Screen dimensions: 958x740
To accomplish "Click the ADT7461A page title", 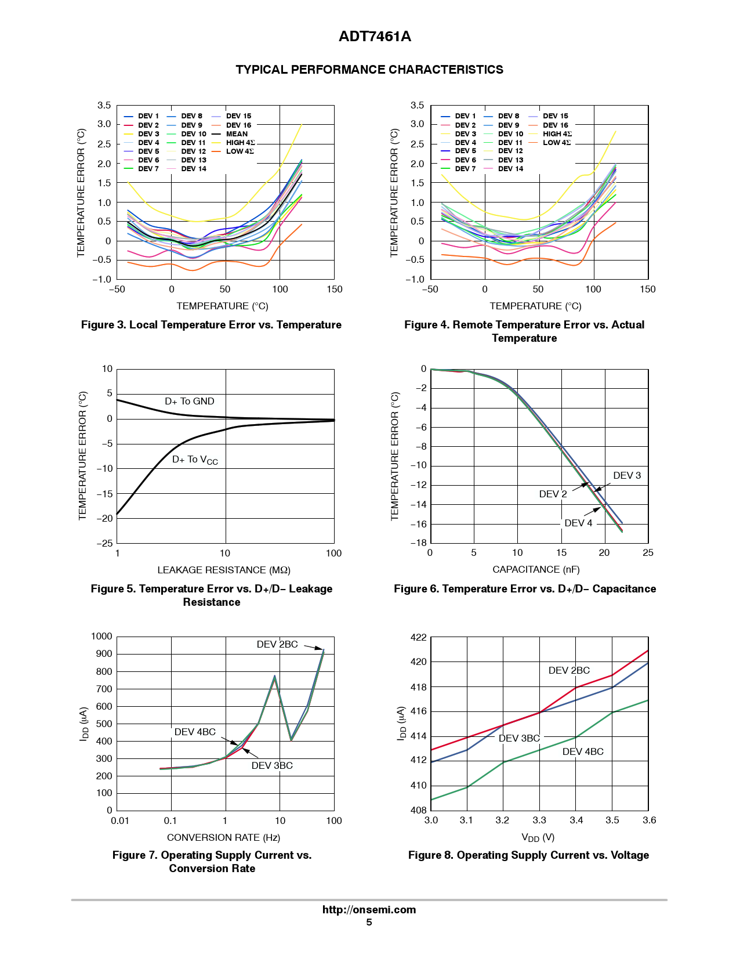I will (x=375, y=37).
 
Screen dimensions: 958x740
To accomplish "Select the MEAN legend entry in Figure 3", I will (x=237, y=134).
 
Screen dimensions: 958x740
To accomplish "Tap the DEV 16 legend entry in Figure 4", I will (x=555, y=125).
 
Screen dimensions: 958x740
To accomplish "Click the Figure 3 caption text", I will (x=211, y=325).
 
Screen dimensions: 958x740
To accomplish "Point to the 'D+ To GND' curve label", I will (x=190, y=402).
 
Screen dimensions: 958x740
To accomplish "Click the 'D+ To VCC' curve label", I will (x=195, y=460).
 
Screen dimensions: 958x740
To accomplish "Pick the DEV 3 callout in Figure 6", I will (x=627, y=476).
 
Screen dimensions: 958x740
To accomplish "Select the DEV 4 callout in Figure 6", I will (x=578, y=523).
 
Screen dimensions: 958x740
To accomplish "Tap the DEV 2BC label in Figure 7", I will (x=277, y=645).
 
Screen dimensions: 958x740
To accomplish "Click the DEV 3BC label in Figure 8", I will (x=519, y=739).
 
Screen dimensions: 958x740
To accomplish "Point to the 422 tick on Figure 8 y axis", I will (x=418, y=638).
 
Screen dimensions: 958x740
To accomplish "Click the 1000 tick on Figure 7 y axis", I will (x=101, y=637).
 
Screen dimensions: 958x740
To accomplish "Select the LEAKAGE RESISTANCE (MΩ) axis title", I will (x=224, y=570).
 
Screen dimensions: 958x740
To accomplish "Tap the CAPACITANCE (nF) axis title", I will (x=536, y=570).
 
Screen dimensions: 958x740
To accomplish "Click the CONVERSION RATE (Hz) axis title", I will (x=223, y=838).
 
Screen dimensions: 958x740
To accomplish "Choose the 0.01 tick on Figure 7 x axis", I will (x=120, y=821).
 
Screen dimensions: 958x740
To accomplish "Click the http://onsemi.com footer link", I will (x=369, y=910).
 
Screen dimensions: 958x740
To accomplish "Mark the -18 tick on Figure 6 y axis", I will (x=418, y=543).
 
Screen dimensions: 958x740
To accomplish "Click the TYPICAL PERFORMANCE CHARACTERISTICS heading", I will (x=369, y=70).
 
